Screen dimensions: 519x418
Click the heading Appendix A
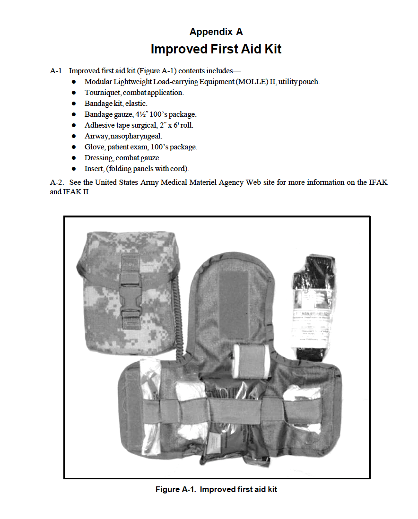coord(216,32)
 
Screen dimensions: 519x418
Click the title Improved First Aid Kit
coord(216,49)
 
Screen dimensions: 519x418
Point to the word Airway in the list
coord(96,136)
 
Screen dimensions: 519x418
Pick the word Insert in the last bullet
coord(94,169)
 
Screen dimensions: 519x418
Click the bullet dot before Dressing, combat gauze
coord(74,158)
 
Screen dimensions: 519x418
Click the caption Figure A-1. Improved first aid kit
coord(216,489)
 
